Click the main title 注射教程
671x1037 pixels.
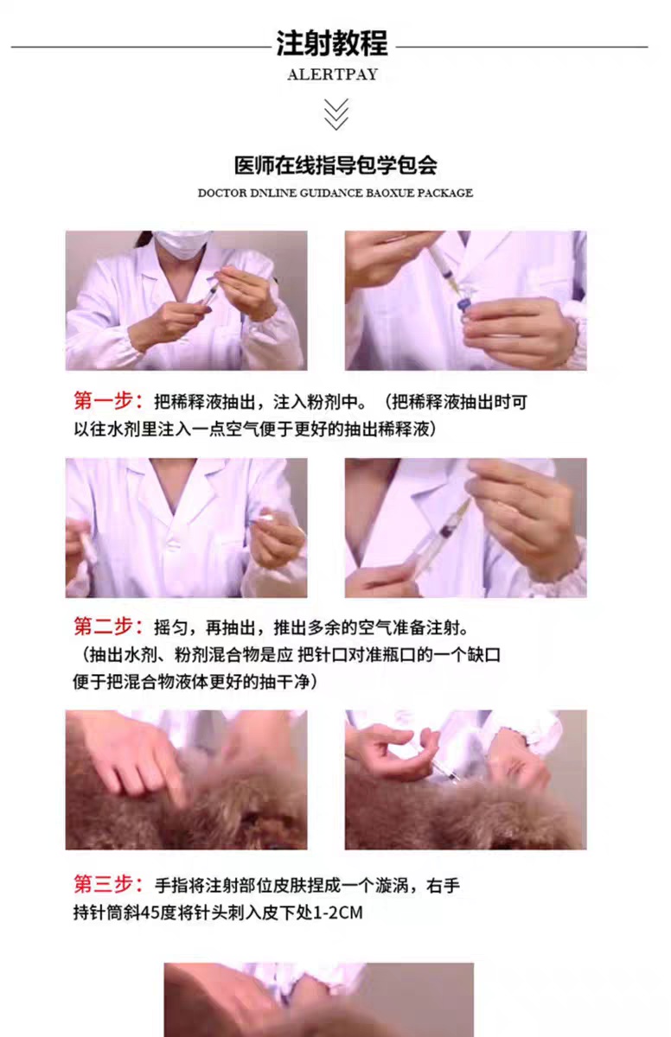pyautogui.click(x=331, y=43)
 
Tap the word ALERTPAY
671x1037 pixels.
pyautogui.click(x=333, y=74)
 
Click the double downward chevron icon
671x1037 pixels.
pyautogui.click(x=335, y=114)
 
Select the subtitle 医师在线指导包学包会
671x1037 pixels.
pyautogui.click(x=335, y=165)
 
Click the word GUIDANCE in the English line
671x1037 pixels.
pyautogui.click(x=331, y=193)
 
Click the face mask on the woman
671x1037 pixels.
pyautogui.click(x=181, y=244)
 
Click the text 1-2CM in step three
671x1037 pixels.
pyautogui.click(x=338, y=913)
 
